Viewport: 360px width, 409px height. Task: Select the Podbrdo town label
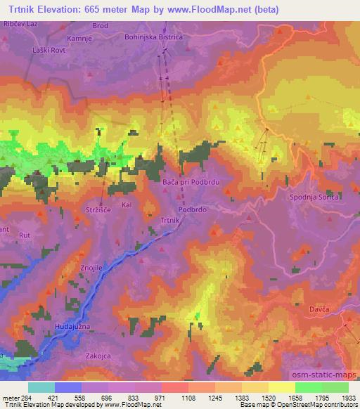pyautogui.click(x=192, y=209)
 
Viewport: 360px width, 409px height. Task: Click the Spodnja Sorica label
pyautogui.click(x=315, y=197)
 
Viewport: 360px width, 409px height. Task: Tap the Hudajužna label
pyautogui.click(x=73, y=327)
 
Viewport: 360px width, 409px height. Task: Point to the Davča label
pyautogui.click(x=320, y=309)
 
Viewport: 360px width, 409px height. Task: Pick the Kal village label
pyautogui.click(x=127, y=205)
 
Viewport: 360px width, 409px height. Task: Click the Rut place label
pyautogui.click(x=25, y=235)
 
